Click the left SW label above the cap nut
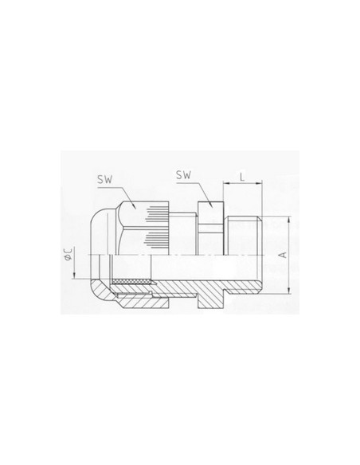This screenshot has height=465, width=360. [104, 180]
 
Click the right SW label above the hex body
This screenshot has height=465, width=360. [183, 175]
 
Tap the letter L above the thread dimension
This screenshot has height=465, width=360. [242, 178]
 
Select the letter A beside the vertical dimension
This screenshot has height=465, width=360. [284, 255]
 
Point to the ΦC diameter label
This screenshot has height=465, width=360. [68, 255]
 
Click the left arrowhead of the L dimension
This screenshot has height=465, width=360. [226, 184]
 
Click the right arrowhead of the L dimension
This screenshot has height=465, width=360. [260, 184]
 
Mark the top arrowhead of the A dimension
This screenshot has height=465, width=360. [289, 220]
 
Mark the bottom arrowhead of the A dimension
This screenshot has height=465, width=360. [289, 291]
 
